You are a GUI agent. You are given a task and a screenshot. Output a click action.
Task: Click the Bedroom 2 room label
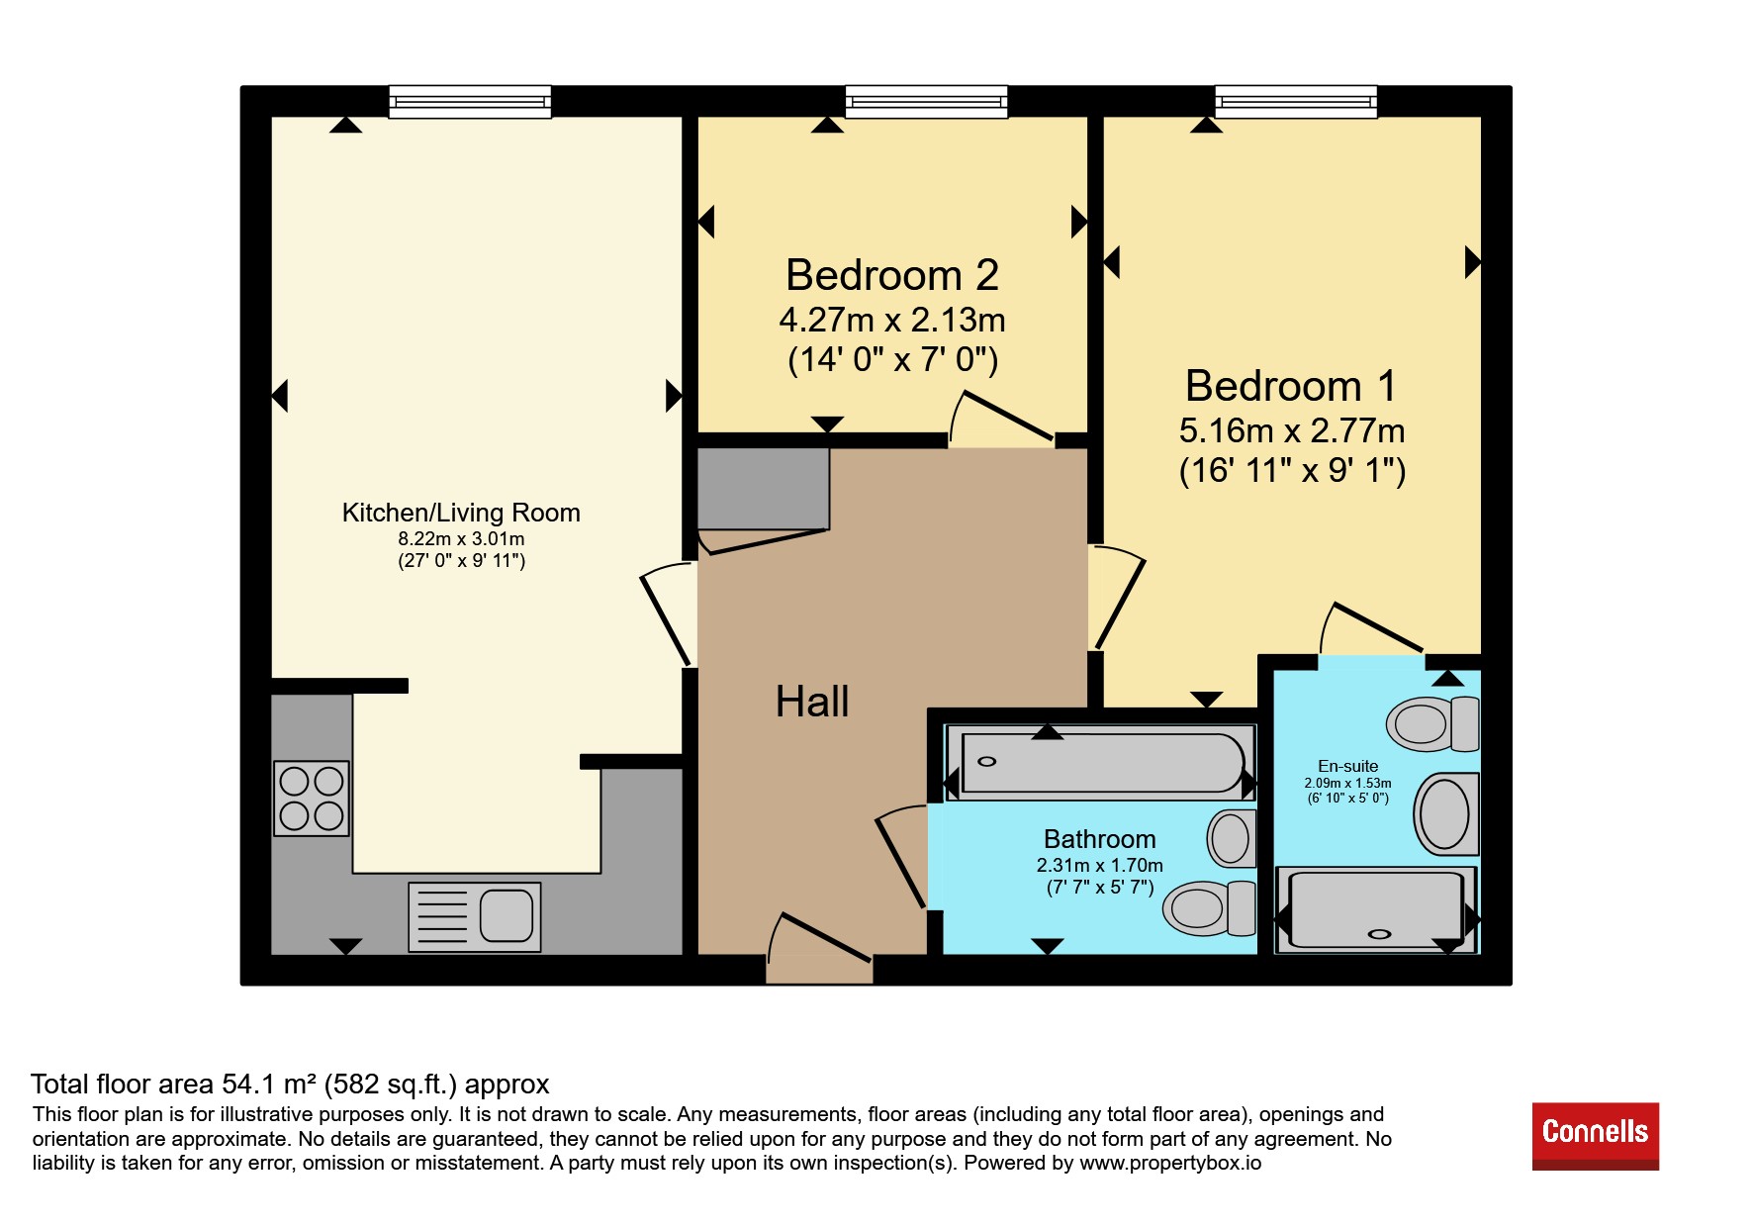pos(891,275)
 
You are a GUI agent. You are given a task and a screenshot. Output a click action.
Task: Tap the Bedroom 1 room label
pos(1291,386)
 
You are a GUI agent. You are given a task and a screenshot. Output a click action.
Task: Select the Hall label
pos(812,702)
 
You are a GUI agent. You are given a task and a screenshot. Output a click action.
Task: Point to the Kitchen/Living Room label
pos(461,513)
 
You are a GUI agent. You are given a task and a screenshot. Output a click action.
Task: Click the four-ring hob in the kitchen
pos(312,799)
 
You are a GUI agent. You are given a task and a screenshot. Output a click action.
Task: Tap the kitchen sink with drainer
pos(475,917)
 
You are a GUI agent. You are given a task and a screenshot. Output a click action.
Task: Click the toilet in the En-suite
pos(1432,723)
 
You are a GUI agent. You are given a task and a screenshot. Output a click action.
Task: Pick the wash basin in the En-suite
pos(1446,813)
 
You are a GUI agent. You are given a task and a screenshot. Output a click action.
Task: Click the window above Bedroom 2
pos(926,101)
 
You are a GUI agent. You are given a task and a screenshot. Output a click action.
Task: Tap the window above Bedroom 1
pos(1296,101)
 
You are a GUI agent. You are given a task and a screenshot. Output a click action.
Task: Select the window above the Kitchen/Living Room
pos(470,101)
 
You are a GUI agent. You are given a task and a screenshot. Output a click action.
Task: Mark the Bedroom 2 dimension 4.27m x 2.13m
pos(892,320)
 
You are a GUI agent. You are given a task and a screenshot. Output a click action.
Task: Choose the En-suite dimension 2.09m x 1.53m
pos(1347,783)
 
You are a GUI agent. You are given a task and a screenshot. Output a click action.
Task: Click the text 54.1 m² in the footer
pos(267,1085)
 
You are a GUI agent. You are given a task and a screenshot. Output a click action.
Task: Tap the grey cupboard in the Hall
pos(764,489)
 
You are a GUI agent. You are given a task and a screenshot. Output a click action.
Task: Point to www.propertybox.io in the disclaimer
pos(1170,1163)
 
